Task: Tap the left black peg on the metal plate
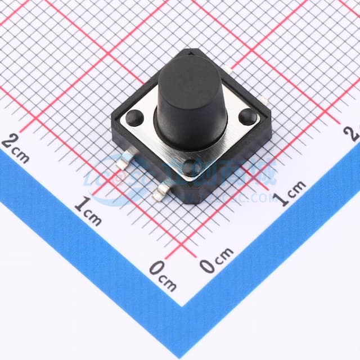134,118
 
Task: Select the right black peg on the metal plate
247,116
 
